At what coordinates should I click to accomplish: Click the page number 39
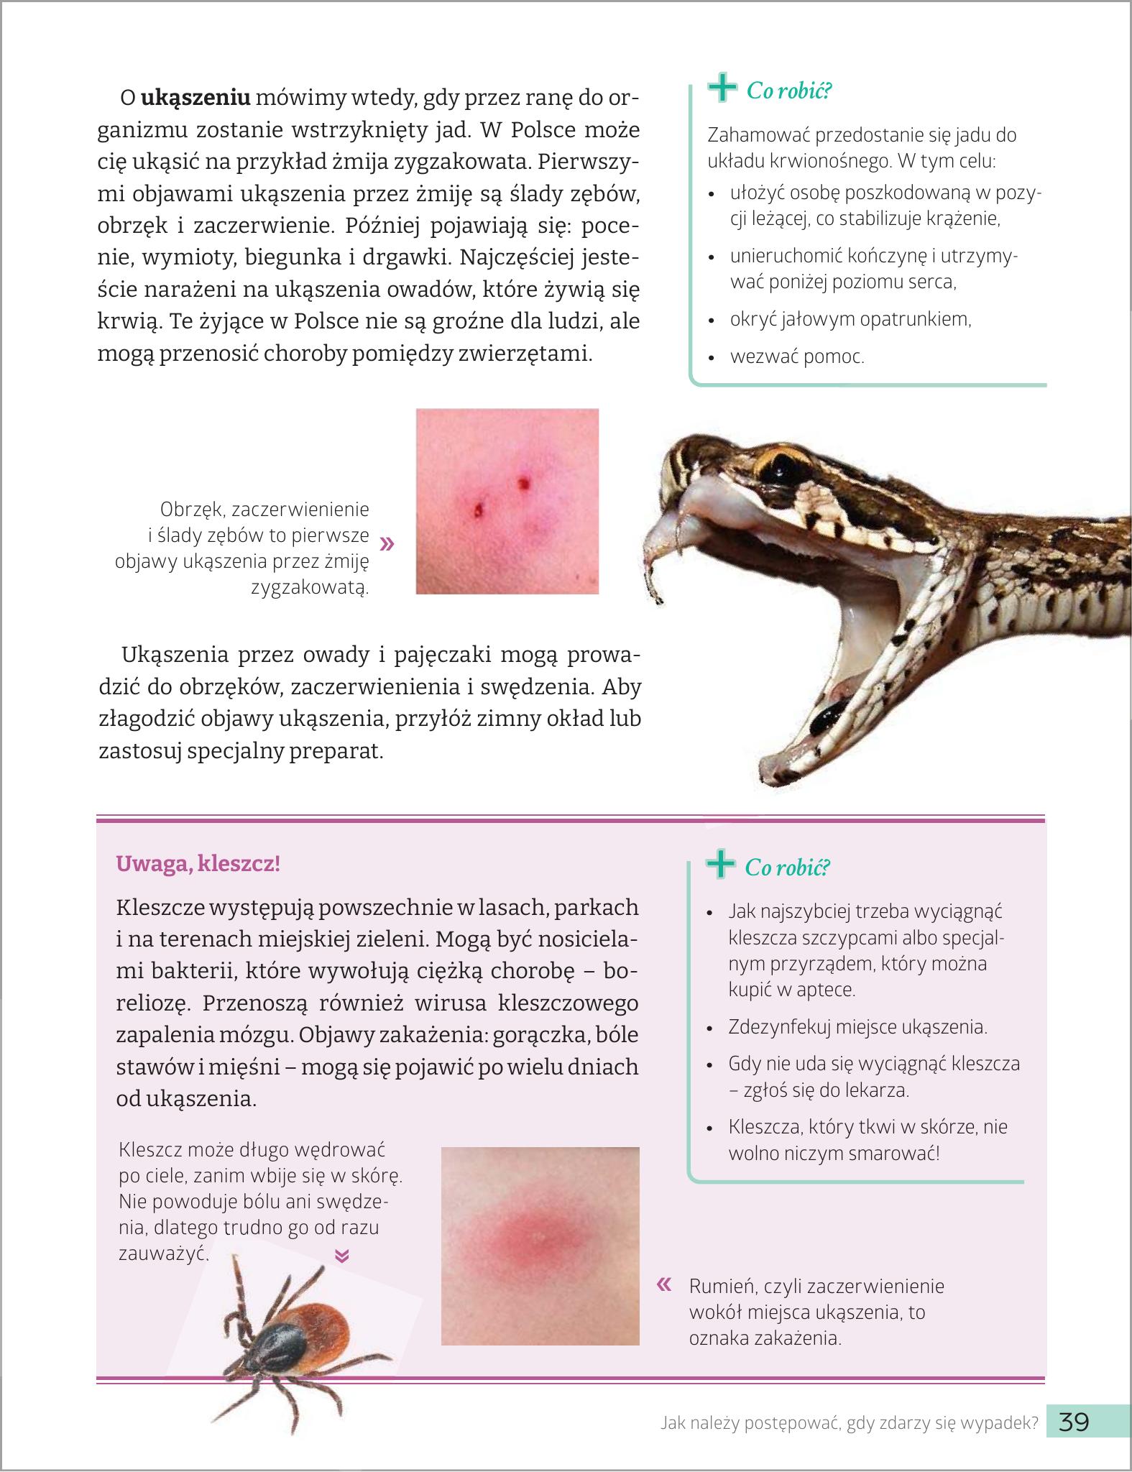(1074, 1421)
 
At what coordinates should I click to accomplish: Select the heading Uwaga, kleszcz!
(198, 863)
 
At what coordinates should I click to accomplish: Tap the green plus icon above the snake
(722, 89)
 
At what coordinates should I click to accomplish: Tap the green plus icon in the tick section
(720, 865)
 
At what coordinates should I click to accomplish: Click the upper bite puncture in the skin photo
(523, 482)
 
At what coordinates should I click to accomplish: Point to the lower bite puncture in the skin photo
(478, 511)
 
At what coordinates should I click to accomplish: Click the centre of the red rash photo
(540, 1246)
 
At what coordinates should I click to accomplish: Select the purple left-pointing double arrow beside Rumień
(665, 1284)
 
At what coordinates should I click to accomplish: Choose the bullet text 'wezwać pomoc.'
(796, 356)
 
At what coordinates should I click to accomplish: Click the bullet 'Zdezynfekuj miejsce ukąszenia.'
(857, 1027)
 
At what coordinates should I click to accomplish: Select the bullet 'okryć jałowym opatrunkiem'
(850, 319)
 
